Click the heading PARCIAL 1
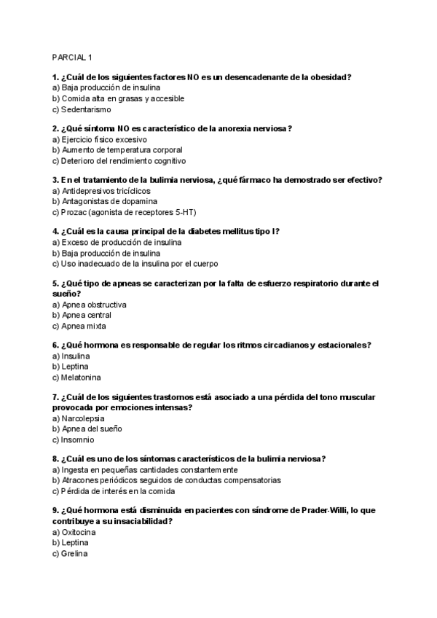pos(73,57)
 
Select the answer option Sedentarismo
pos(86,109)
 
